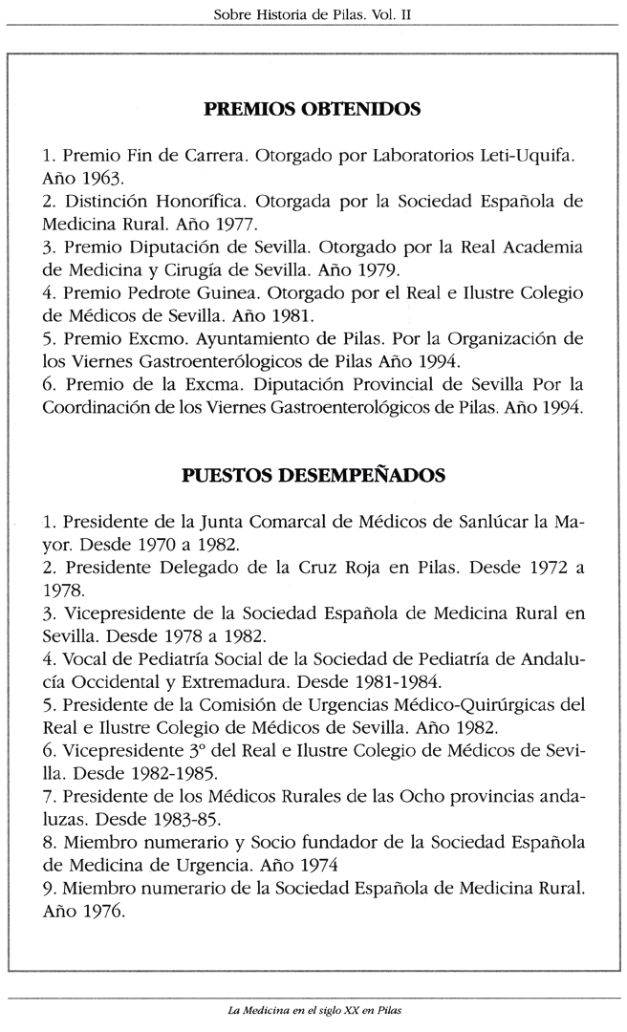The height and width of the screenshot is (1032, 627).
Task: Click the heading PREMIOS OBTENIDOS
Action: pyautogui.click(x=313, y=110)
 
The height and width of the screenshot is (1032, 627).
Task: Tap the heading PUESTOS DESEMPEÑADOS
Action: pyautogui.click(x=313, y=475)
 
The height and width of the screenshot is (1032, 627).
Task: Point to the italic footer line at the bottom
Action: pyautogui.click(x=313, y=1011)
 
